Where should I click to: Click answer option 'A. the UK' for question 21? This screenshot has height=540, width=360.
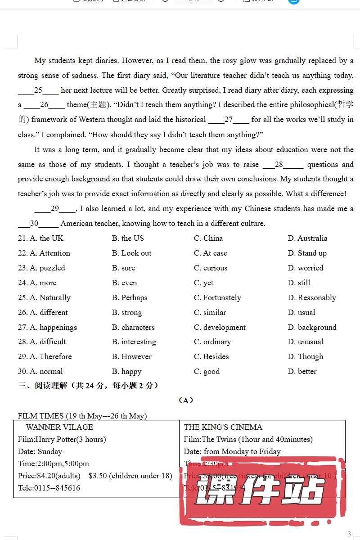tap(46, 238)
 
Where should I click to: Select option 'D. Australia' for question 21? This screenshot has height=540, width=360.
tap(307, 238)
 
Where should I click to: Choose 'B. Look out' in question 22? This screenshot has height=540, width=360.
tap(131, 253)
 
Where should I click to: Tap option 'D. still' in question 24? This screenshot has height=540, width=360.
tap(299, 283)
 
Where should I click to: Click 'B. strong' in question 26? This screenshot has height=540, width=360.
tap(126, 312)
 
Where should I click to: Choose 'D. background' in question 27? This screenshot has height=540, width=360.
tap(312, 327)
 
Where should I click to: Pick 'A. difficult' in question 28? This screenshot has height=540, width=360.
tap(47, 342)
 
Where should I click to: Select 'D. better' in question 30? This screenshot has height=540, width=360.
tap(302, 371)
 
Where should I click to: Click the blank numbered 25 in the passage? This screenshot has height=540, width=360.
tap(38, 90)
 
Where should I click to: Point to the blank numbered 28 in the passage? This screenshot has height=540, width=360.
tap(282, 164)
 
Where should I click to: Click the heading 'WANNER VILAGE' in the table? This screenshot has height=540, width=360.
tap(59, 427)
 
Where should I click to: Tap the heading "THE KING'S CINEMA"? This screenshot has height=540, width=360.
tap(223, 427)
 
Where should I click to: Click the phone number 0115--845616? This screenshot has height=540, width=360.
tap(57, 488)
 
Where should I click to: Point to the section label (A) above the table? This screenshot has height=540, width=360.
tap(185, 400)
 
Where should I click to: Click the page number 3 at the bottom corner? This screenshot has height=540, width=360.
tap(349, 534)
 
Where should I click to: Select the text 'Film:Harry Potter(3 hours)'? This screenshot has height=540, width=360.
tap(62, 439)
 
